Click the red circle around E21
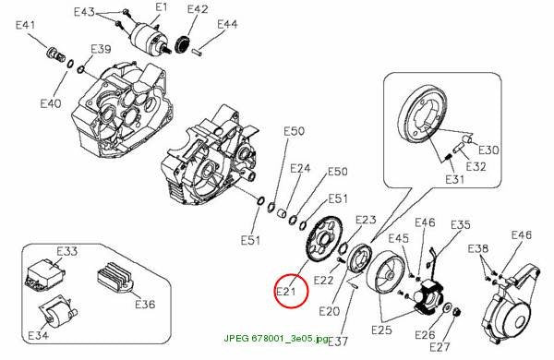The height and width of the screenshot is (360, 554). coord(275,291)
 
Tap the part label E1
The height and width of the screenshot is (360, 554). coord(161,7)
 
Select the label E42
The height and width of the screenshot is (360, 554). coord(198,9)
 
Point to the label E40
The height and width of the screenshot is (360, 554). coord(51,103)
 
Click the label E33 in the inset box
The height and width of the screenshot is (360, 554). coord(66,251)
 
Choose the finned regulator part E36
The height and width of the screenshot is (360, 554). coord(114,277)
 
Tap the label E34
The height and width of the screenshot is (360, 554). coord(38,335)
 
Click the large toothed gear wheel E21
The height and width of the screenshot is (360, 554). coord(323,238)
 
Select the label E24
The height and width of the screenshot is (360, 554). coord(300,168)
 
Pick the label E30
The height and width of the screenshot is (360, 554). coord(488,150)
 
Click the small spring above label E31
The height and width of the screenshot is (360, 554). coord(449,155)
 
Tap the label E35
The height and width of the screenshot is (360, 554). coord(461,224)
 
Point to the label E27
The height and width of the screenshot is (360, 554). coord(440,347)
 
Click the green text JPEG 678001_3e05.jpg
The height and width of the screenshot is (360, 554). coord(276,338)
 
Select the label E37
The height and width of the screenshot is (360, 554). coord(338,342)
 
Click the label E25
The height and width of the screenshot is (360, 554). coord(382,330)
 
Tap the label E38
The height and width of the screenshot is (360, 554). coord(478,248)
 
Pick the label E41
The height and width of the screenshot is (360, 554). coord(26,25)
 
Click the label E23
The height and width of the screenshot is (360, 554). coord(366,220)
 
